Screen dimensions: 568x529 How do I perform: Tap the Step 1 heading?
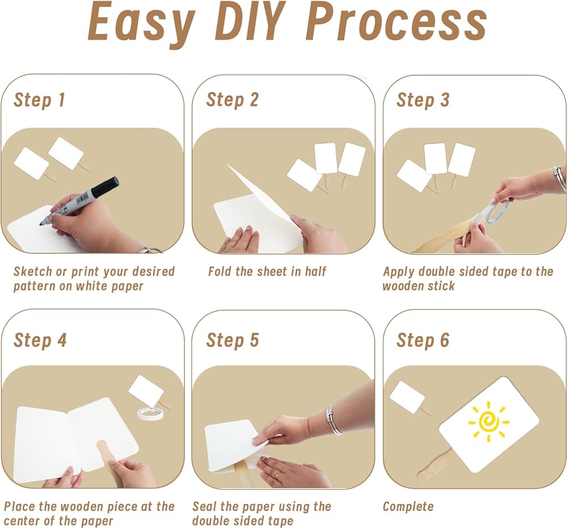pos(40,100)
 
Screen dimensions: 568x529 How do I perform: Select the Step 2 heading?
pos(232,100)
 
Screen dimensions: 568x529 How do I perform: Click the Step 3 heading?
pos(423,100)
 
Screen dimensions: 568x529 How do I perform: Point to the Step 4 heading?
pos(40,340)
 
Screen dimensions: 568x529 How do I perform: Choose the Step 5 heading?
pos(232,340)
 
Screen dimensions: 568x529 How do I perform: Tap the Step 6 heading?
pos(423,340)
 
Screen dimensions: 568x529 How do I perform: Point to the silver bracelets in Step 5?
pos(333,419)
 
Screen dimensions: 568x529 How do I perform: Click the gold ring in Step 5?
pos(277,476)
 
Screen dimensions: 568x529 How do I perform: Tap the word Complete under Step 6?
pos(408,506)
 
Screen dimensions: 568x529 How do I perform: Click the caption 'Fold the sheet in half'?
pos(267,272)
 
